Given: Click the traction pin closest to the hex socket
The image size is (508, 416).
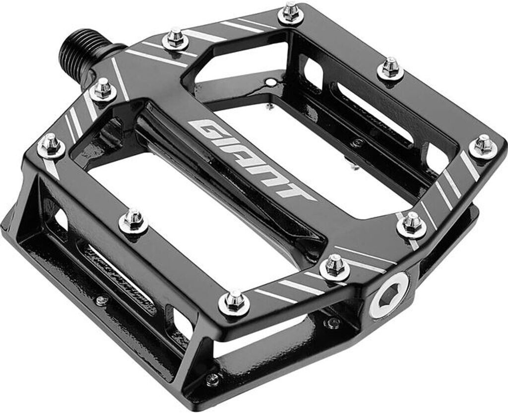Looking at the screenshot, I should click(x=335, y=266).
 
